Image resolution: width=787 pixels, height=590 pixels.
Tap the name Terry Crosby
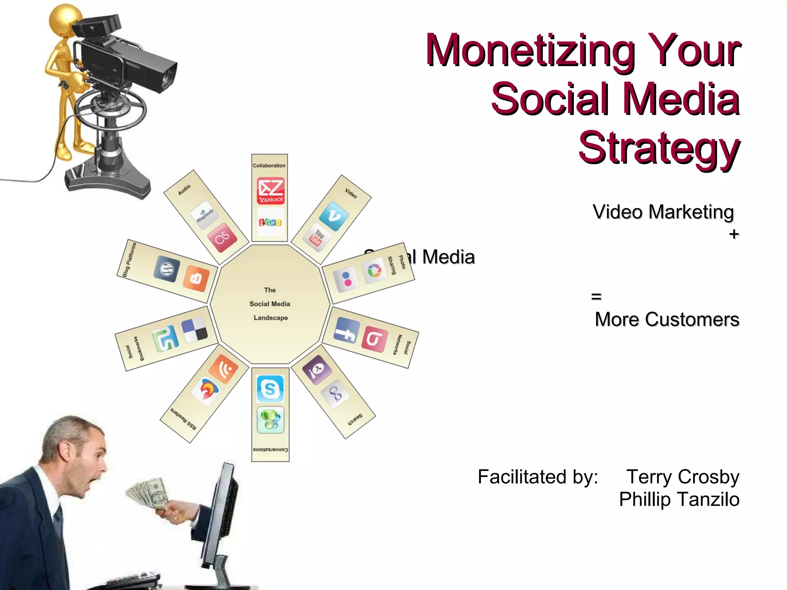[x=682, y=477]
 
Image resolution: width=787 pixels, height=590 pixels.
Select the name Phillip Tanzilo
[x=679, y=499]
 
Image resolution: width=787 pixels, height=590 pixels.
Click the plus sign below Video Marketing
[x=734, y=234]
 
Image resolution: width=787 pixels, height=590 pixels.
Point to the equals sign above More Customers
[x=596, y=297]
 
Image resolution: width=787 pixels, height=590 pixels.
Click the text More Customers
[x=667, y=320]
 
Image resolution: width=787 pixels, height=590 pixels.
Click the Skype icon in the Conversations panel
[x=270, y=389]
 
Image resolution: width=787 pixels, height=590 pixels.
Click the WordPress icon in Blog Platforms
[x=167, y=269]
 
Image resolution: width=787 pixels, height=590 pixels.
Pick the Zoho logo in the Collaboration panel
[x=270, y=222]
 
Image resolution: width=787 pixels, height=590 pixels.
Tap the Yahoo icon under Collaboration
[x=271, y=191]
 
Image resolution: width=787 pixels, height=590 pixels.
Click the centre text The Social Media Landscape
[x=270, y=304]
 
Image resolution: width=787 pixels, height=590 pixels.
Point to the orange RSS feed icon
[x=224, y=369]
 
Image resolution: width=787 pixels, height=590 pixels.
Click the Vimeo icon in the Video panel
[x=334, y=217]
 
